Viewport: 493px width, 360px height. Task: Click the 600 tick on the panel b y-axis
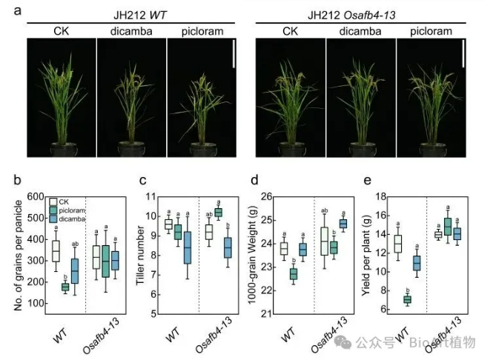[x=33, y=197]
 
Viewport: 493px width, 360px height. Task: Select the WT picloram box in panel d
[x=294, y=274]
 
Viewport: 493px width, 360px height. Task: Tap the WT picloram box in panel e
[x=406, y=299]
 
